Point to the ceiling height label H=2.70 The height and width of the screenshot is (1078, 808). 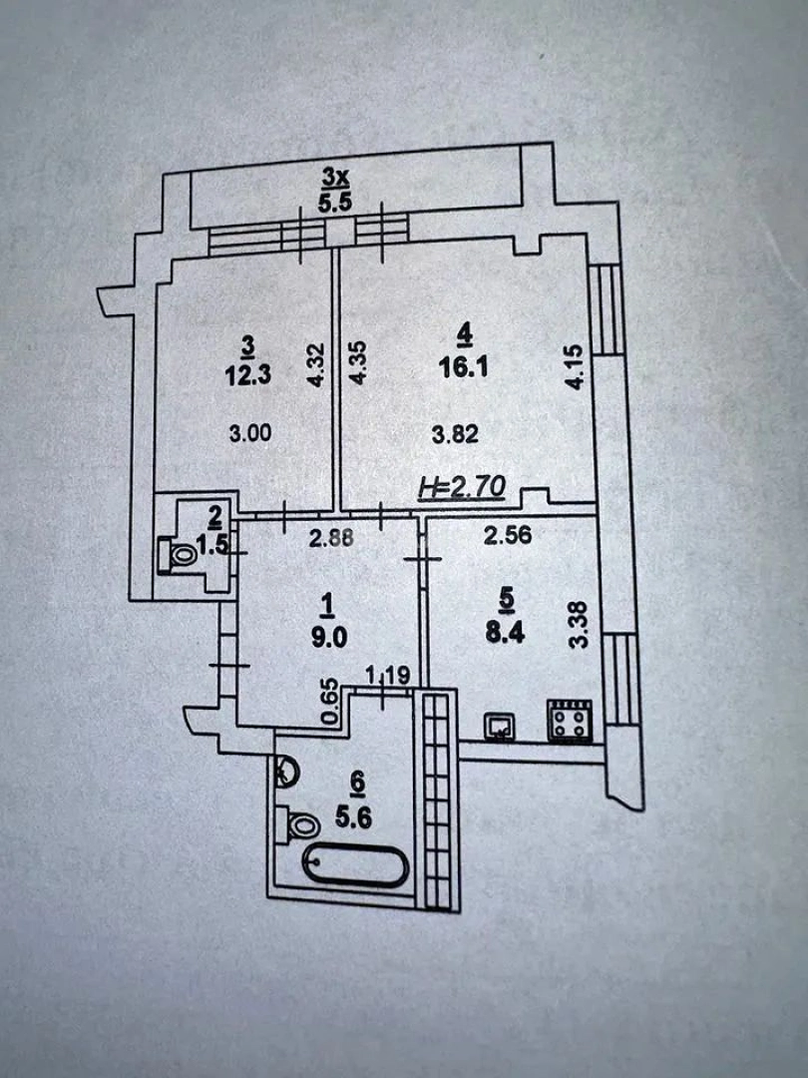pyautogui.click(x=463, y=487)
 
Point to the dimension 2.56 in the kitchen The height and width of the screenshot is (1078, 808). pyautogui.click(x=507, y=535)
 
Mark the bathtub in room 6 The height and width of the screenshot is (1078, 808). pyautogui.click(x=355, y=866)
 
